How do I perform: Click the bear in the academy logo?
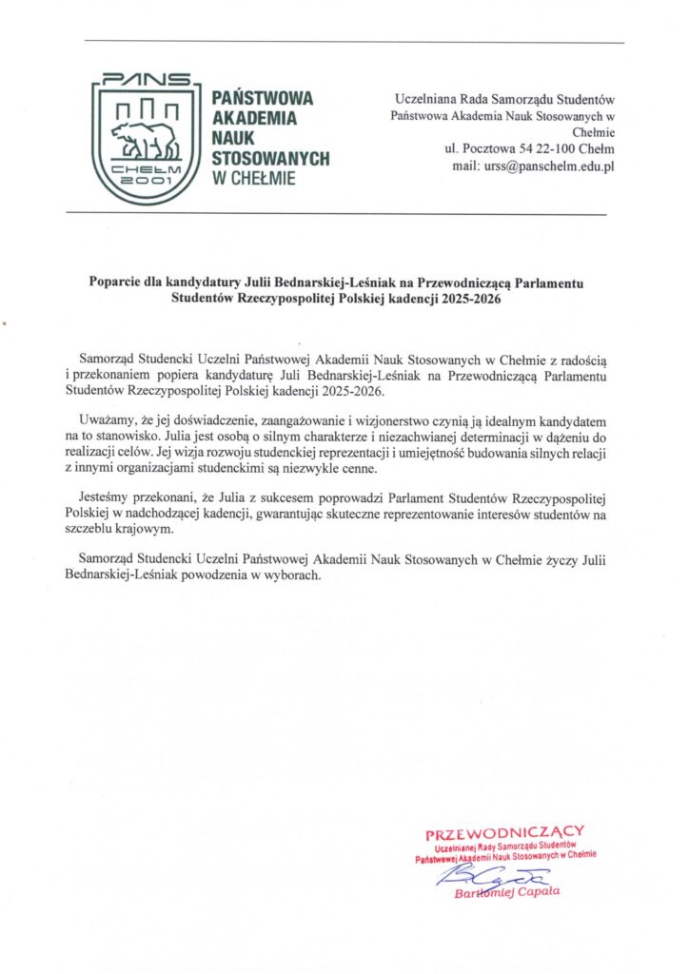(145, 140)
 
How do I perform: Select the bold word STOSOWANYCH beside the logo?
(271, 157)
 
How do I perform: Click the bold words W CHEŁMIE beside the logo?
(253, 177)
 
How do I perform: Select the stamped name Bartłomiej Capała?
(508, 892)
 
